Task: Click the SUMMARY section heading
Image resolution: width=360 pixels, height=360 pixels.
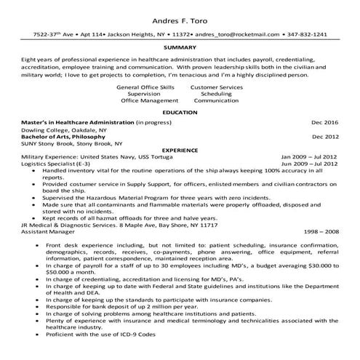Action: click(180, 47)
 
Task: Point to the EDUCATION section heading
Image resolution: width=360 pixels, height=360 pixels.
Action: click(180, 113)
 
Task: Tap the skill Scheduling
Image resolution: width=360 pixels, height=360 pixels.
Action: click(216, 94)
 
